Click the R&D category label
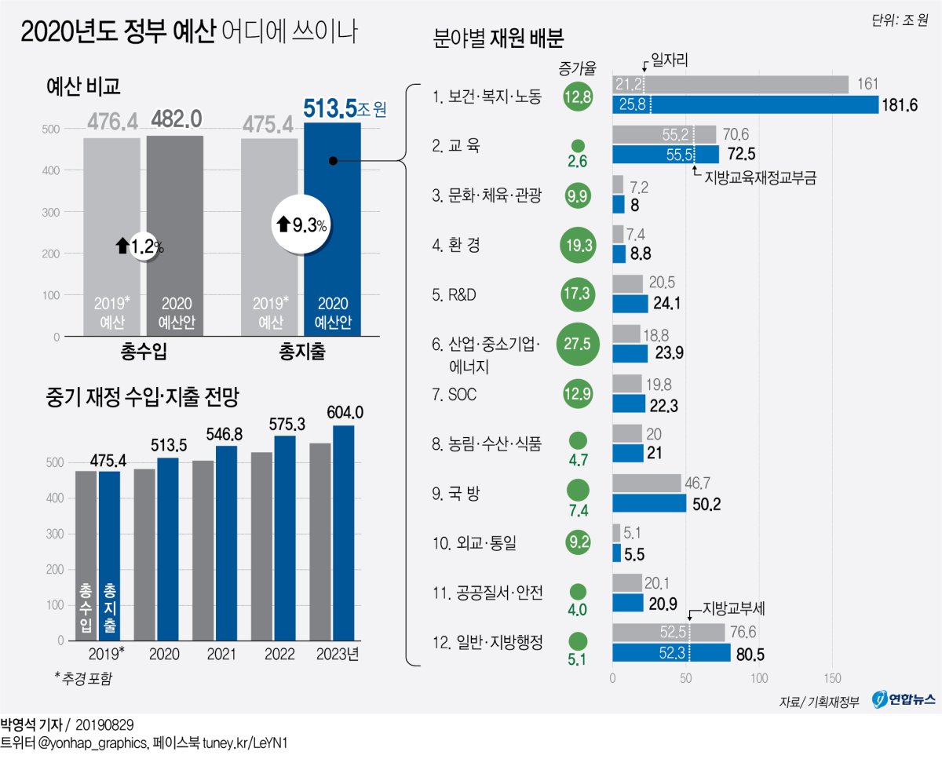[x=455, y=295]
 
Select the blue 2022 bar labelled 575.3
[x=284, y=538]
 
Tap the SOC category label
[x=455, y=394]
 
